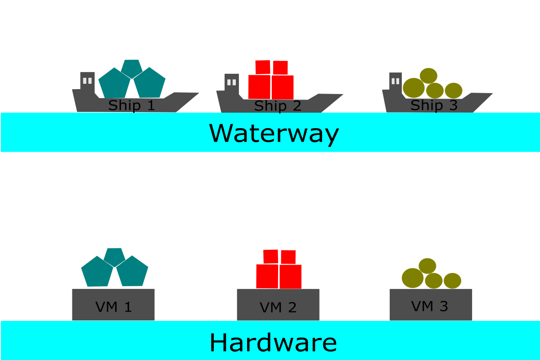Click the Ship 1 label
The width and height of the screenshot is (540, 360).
[x=131, y=105]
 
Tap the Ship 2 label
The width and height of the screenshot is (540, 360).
[x=277, y=106]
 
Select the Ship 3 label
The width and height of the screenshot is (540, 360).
[x=434, y=105]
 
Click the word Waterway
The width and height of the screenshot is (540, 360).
[x=274, y=133]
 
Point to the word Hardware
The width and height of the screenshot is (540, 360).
[x=273, y=343]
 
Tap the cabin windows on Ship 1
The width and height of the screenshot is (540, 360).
[x=88, y=81]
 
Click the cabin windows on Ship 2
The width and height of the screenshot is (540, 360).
[x=232, y=82]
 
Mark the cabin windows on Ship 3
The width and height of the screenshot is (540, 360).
[x=396, y=81]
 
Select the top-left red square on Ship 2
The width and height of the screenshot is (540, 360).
[x=263, y=67]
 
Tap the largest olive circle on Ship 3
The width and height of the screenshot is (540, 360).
[x=414, y=88]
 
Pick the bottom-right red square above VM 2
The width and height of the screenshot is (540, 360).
[x=290, y=276]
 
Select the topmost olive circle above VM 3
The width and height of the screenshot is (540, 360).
[x=427, y=265]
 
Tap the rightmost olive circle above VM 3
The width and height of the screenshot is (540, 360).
[x=452, y=281]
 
